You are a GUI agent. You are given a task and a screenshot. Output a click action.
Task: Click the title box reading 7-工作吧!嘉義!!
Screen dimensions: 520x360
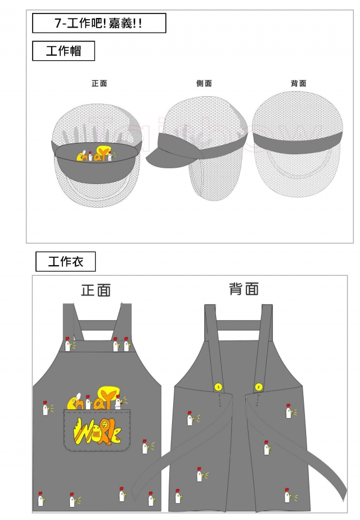pos(99,24)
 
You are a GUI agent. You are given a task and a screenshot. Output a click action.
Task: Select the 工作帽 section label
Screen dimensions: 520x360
pos(63,51)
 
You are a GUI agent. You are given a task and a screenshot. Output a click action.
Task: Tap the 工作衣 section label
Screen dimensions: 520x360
pos(65,262)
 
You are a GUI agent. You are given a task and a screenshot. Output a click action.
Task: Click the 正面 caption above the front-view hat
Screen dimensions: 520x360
pos(99,83)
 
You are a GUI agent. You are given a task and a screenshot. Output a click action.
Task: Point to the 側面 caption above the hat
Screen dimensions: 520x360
pos(204,83)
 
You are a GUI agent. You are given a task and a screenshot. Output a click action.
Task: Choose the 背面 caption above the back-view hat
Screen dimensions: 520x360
pos(299,83)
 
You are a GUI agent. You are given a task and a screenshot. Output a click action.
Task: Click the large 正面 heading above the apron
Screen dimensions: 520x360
pos(96,290)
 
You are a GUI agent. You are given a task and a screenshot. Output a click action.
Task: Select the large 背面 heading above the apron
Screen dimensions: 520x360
pos(244,289)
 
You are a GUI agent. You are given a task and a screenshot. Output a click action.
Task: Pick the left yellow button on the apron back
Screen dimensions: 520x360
pos(218,387)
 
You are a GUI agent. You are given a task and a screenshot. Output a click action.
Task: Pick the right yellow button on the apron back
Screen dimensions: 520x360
pos(258,387)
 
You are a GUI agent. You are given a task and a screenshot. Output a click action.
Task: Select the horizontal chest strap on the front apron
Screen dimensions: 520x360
pos(97,326)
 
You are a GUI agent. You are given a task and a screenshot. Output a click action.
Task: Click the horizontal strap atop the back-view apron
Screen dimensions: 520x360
pos(238,325)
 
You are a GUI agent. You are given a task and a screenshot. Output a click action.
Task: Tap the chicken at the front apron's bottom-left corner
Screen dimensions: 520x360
pos(40,499)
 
